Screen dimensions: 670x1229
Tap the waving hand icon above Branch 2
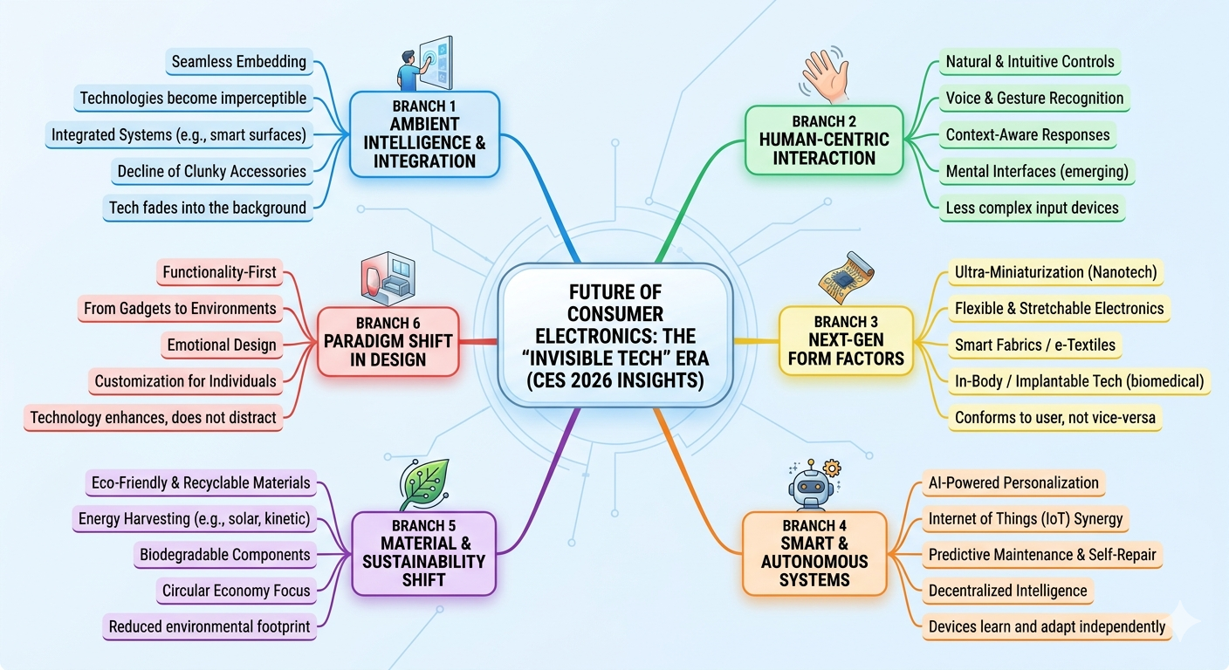(x=821, y=74)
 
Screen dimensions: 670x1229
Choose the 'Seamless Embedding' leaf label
(x=238, y=61)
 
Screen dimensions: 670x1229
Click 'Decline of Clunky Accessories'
(x=212, y=171)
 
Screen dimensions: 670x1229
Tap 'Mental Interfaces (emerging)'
(x=1037, y=172)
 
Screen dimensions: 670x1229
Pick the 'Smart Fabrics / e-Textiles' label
(x=1034, y=345)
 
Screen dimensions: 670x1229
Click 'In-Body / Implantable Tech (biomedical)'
(x=1079, y=381)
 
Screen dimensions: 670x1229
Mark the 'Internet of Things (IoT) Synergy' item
(x=1025, y=518)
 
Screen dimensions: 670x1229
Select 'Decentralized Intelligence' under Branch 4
(x=1007, y=591)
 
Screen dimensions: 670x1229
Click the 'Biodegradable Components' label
(x=224, y=554)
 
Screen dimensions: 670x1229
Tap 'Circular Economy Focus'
(x=236, y=591)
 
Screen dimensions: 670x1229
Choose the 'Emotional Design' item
(x=222, y=345)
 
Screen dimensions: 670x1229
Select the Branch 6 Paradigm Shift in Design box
(x=388, y=341)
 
